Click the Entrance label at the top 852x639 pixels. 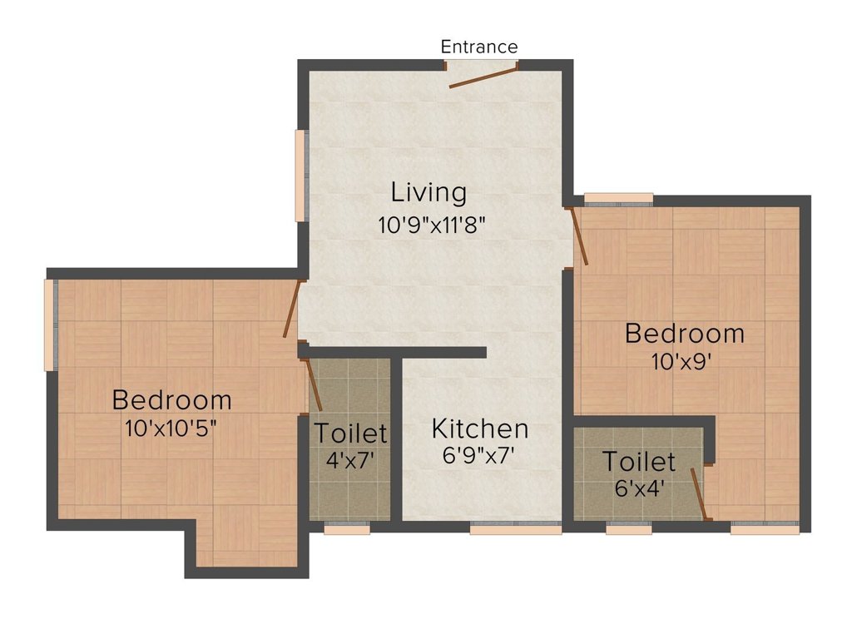click(479, 47)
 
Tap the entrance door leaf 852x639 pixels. click(483, 77)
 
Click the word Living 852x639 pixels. click(428, 193)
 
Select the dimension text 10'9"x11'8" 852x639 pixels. click(429, 224)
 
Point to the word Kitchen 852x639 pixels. click(480, 429)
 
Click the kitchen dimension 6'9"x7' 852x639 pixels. click(480, 456)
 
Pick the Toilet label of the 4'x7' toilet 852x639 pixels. click(350, 433)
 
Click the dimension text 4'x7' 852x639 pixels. click(350, 459)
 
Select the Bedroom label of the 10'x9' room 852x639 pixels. click(685, 334)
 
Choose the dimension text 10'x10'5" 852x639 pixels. click(171, 428)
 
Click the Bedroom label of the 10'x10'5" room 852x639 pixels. click(171, 400)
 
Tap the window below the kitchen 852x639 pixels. click(515, 528)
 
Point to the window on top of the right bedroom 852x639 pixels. click(618, 198)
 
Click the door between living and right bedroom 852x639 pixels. click(579, 236)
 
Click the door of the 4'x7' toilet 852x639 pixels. click(314, 384)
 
